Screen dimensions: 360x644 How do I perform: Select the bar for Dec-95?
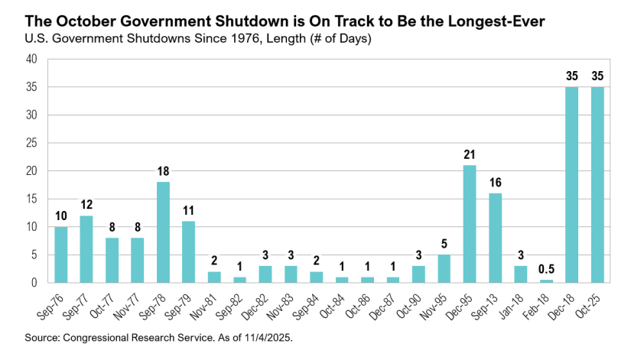[x=470, y=224]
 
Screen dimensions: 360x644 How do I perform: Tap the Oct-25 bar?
[x=597, y=185]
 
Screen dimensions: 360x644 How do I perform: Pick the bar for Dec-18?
[x=571, y=185]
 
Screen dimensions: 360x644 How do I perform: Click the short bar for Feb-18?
[x=545, y=281]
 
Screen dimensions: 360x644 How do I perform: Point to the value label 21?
[x=470, y=155]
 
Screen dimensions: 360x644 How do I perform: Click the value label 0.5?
[x=545, y=270]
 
